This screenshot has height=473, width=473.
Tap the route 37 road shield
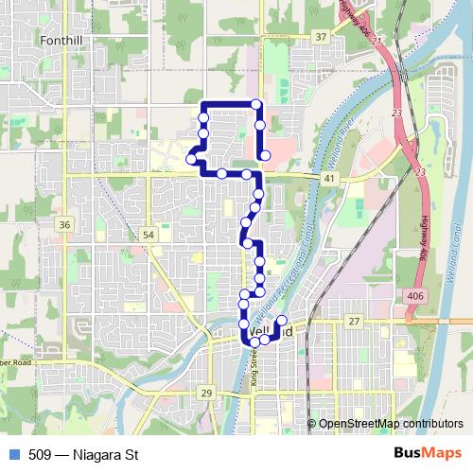(x=322, y=37)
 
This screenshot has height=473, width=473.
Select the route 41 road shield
(x=328, y=178)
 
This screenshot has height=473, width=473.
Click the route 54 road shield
(x=149, y=234)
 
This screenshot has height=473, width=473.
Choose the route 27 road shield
(x=354, y=323)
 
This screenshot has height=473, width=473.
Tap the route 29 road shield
(x=206, y=393)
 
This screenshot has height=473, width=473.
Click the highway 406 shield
(x=414, y=296)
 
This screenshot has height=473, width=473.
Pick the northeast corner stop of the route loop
(x=255, y=104)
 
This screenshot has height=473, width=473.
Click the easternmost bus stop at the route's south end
(x=281, y=322)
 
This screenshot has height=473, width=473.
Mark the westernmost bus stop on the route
(x=192, y=160)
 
